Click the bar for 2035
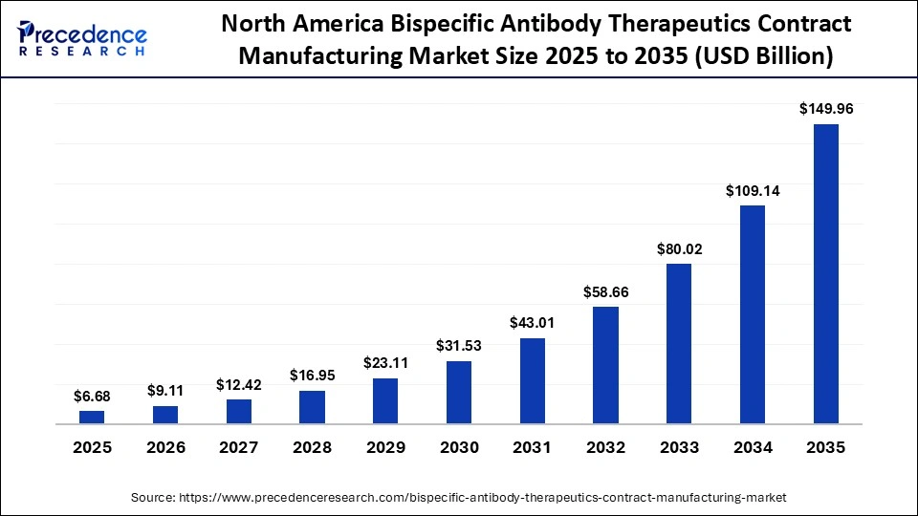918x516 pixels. tap(825, 273)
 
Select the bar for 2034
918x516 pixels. tap(753, 314)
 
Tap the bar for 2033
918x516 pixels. tap(679, 343)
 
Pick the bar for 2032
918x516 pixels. tap(605, 365)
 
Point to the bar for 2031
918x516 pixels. tap(533, 380)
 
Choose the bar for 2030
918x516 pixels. tap(459, 392)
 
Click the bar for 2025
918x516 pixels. tap(92, 417)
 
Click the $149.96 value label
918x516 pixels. tap(825, 109)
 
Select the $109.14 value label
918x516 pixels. tap(753, 190)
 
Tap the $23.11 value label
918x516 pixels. tap(385, 363)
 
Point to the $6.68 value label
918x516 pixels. tap(92, 396)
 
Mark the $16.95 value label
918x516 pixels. tap(312, 376)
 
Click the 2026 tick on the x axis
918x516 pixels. tap(165, 447)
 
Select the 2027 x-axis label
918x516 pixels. tap(239, 447)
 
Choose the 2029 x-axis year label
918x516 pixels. tap(385, 447)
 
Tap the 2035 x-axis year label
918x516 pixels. tap(825, 447)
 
